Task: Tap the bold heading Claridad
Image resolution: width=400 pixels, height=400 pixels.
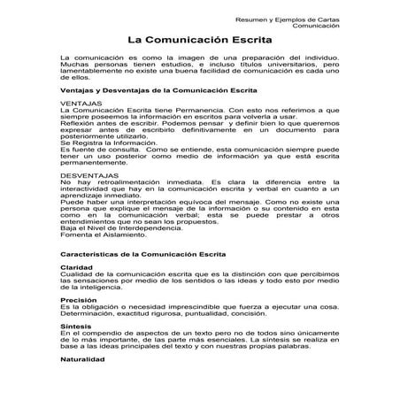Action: (76, 266)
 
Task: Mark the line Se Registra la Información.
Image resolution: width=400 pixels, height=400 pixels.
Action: (107, 142)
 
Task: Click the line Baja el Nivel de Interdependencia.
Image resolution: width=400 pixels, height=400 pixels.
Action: (116, 227)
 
